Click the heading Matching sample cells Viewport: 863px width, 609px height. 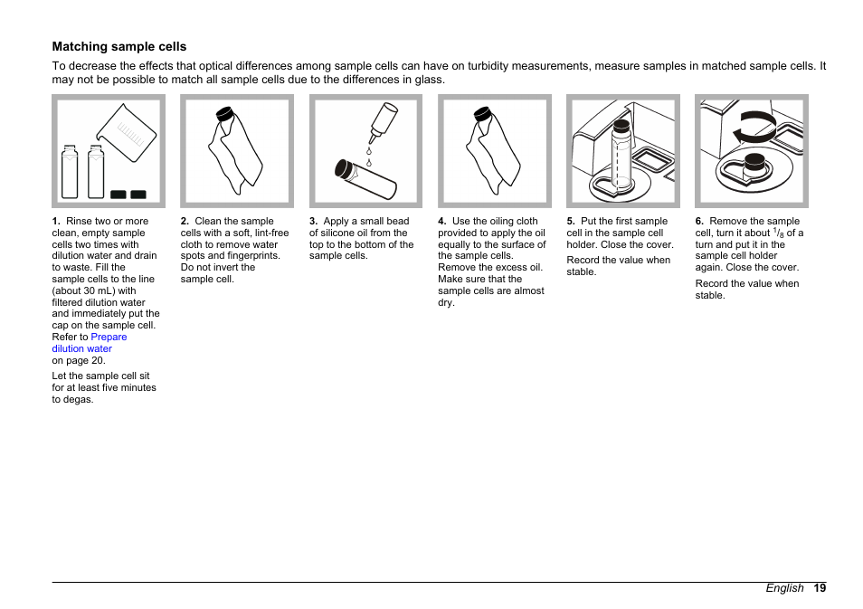pos(119,46)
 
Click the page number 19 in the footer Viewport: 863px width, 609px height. pos(819,587)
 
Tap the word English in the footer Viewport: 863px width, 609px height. pos(784,587)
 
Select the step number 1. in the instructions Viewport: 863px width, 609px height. pos(56,221)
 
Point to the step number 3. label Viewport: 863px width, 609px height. pos(313,221)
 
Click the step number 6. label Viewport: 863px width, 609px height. pos(699,221)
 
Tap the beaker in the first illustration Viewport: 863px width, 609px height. pos(128,136)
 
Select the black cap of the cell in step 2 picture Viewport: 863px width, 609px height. pos(224,115)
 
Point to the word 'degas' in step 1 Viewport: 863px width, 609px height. pos(77,399)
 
